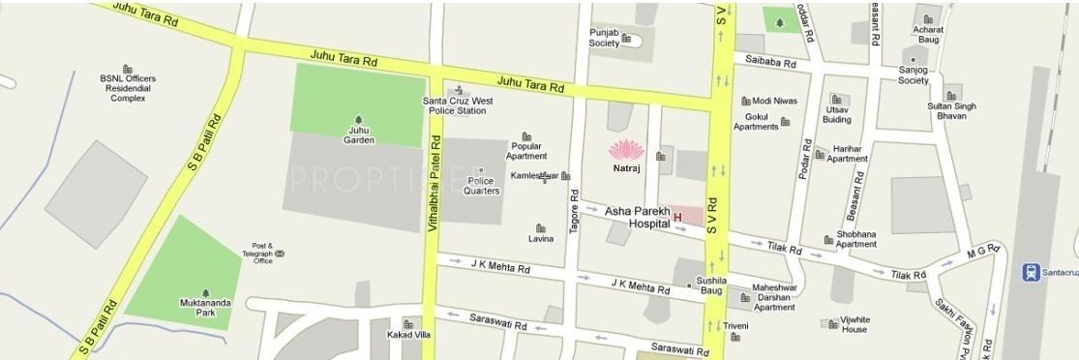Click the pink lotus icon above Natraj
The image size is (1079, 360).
[x=625, y=150]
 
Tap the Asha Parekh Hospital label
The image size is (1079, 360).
[x=637, y=217]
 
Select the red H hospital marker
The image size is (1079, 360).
[x=677, y=218]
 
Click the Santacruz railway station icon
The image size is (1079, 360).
[x=1032, y=272]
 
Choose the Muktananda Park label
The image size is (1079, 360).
[x=205, y=308]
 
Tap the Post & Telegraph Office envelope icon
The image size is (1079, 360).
[x=280, y=254]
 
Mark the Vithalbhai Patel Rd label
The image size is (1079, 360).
[x=434, y=194]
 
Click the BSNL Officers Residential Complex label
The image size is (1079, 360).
[x=128, y=88]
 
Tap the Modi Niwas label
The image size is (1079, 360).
[x=774, y=101]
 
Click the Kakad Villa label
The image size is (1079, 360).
[x=409, y=335]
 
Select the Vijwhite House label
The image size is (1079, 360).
[x=854, y=324]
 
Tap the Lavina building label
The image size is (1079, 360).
[x=541, y=238]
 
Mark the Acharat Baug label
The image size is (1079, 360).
[x=927, y=35]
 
